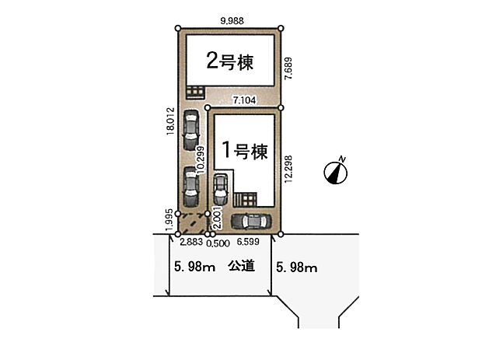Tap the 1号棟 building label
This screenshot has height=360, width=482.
(x=245, y=150)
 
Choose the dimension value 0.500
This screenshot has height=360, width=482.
(x=218, y=243)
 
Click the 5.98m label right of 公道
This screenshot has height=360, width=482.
(x=297, y=268)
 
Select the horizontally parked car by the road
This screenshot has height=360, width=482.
(x=253, y=222)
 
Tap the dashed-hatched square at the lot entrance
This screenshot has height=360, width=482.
(x=191, y=224)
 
